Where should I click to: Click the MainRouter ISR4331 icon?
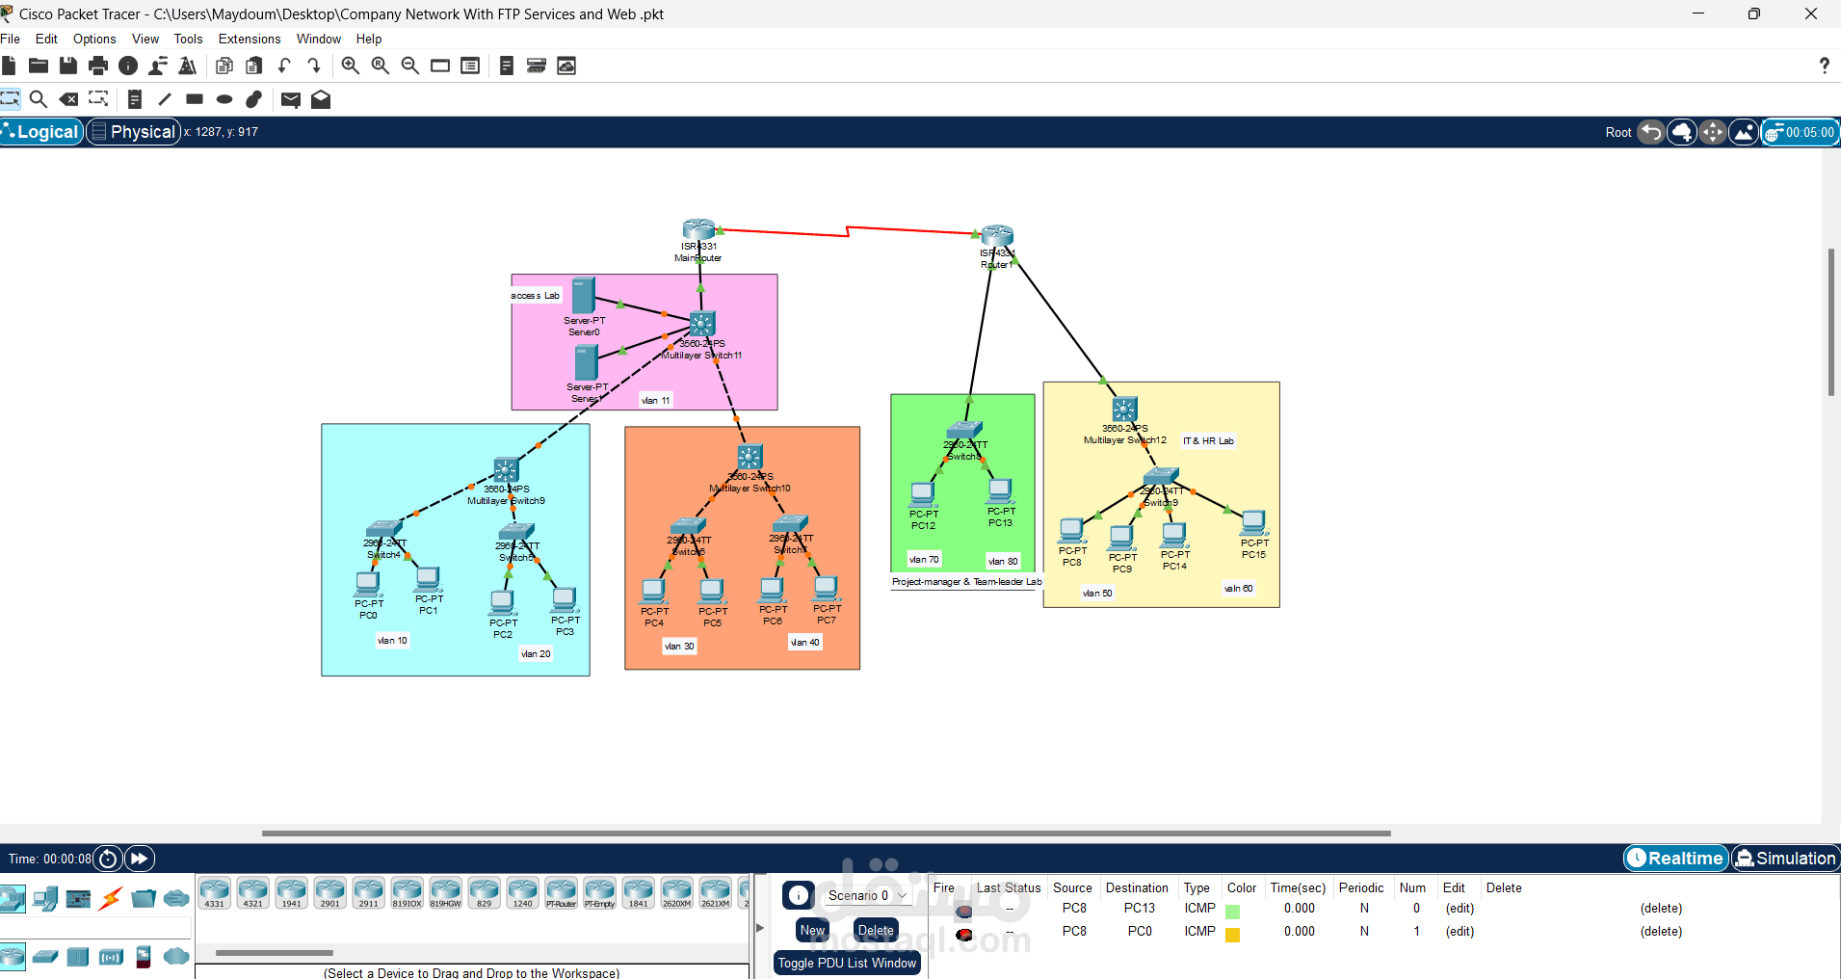[698, 229]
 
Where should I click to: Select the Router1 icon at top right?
[997, 236]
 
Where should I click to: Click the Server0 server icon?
[583, 295]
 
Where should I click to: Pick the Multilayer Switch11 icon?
[702, 324]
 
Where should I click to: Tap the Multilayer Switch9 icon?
[506, 470]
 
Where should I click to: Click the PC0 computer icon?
[367, 583]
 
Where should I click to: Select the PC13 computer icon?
[1000, 490]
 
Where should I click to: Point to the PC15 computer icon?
[1252, 522]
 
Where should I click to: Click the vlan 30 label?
[679, 647]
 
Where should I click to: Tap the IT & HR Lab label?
[1208, 441]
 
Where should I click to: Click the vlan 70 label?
[923, 560]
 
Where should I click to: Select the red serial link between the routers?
[848, 230]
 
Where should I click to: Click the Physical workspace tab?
[134, 132]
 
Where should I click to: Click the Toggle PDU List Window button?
[847, 963]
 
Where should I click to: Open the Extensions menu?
[249, 40]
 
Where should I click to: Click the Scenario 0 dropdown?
[866, 895]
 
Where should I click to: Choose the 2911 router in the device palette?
[368, 892]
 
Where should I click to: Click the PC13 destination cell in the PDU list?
[1139, 909]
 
